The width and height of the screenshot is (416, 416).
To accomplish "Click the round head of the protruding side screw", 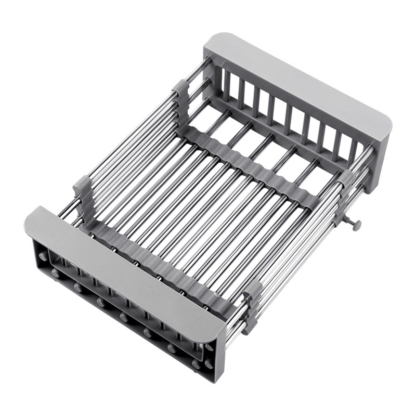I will [358, 225].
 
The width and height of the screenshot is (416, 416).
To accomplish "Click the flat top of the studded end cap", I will [125, 270].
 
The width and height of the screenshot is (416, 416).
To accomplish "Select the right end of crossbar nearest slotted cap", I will [312, 200].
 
